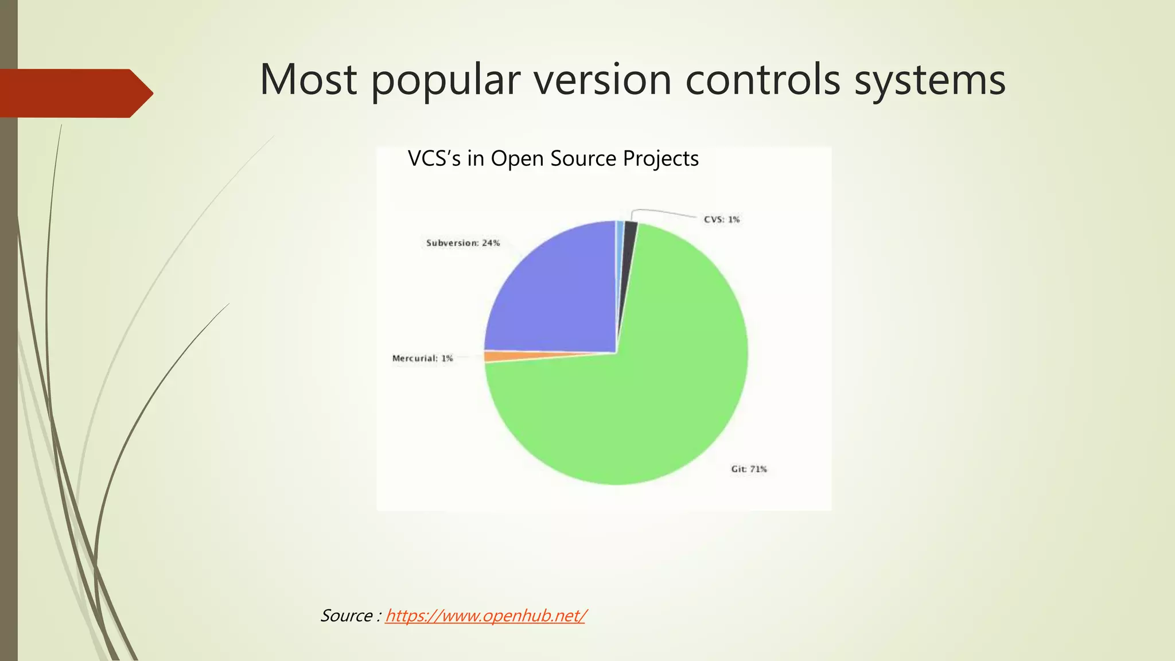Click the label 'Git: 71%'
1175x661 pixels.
coord(749,469)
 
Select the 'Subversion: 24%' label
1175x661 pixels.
coord(463,243)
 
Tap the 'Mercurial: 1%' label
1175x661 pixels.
coord(422,359)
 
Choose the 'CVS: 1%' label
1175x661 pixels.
coord(722,220)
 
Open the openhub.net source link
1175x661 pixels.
coord(485,616)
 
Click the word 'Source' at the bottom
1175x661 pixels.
coord(347,616)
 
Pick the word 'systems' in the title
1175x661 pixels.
coord(929,80)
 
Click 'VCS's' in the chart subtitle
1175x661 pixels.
coord(434,158)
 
